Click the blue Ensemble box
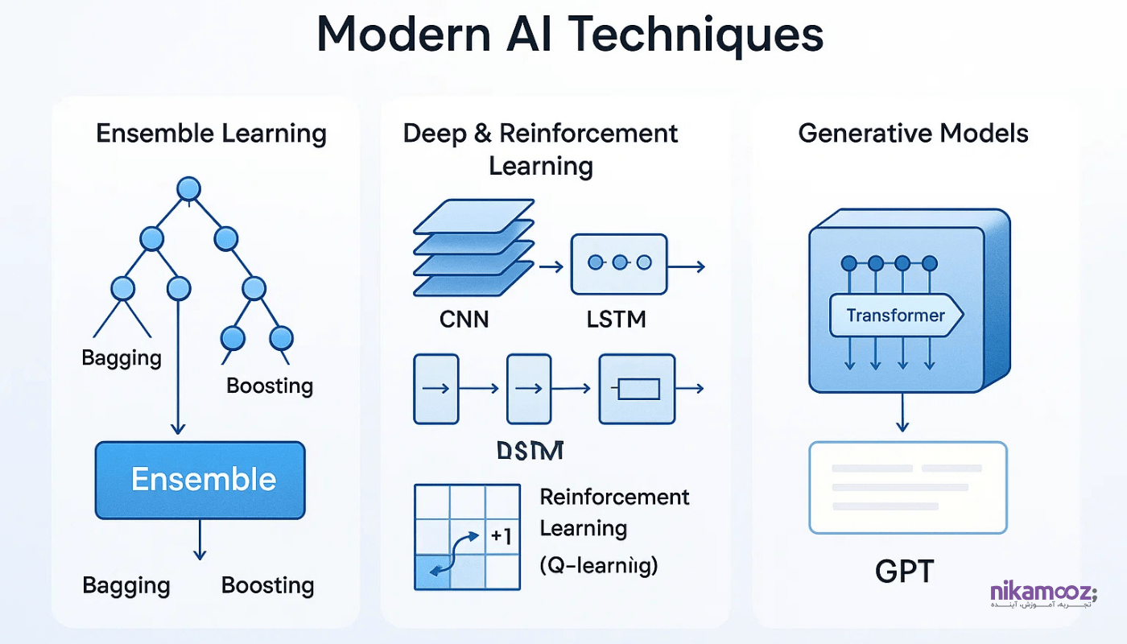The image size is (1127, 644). pos(200,480)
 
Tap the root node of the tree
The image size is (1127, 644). pos(188,189)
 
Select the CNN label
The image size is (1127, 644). pos(464,319)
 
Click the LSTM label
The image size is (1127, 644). pos(617,319)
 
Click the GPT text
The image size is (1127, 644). pos(905,572)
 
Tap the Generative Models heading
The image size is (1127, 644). pos(913,133)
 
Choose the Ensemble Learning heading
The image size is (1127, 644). pos(211,133)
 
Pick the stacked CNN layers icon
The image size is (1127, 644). pos(473,246)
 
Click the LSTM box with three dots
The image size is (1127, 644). pos(618,263)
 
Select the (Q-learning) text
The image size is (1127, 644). pos(599,566)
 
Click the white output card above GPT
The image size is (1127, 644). pos(907,487)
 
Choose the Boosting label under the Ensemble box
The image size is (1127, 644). pos(267,585)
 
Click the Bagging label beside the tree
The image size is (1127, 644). pos(122,357)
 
